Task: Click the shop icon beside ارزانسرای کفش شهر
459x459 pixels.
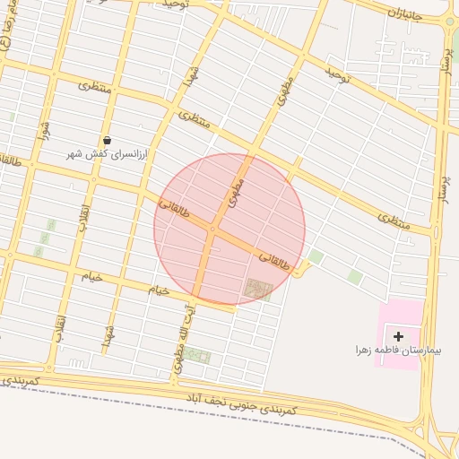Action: [108, 140]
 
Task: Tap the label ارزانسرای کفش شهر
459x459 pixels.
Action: [108, 154]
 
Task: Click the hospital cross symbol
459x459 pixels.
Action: [399, 335]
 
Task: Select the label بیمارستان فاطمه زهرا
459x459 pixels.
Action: [397, 349]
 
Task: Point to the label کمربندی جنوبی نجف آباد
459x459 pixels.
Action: [241, 400]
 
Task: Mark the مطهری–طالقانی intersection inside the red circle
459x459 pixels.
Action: [213, 229]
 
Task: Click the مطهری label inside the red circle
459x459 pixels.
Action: [236, 194]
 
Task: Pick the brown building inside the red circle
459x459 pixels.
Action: [257, 289]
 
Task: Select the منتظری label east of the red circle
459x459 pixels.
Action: [394, 222]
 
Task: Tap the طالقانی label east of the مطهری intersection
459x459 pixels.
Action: [274, 261]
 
